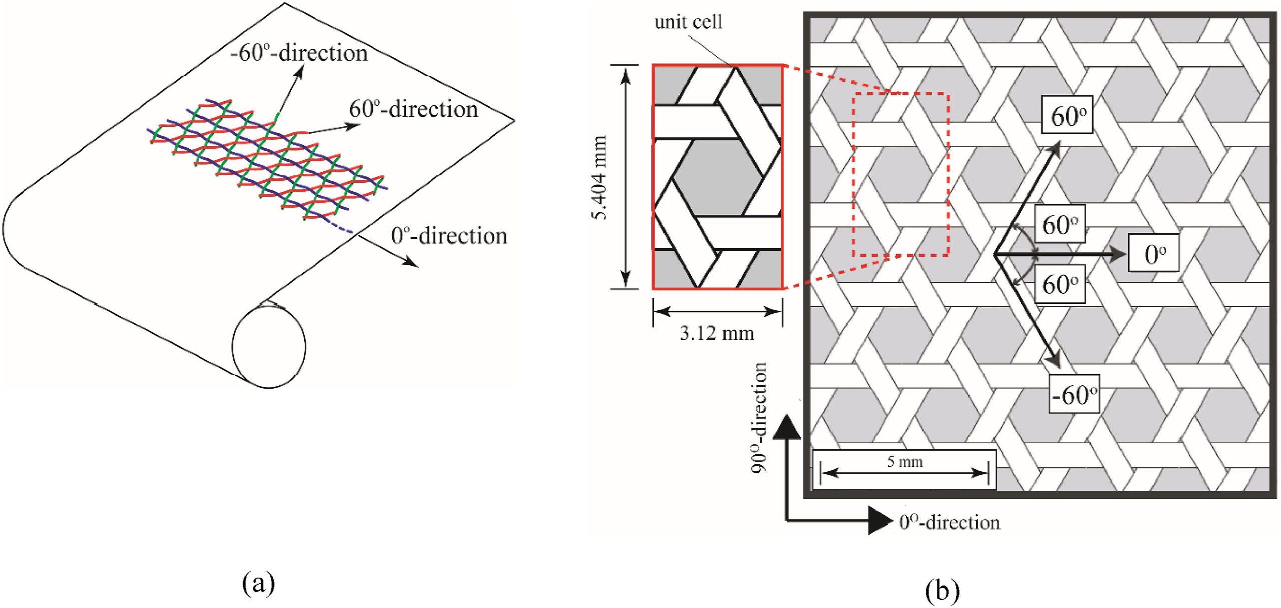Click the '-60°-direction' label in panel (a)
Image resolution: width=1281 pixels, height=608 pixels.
coord(299,53)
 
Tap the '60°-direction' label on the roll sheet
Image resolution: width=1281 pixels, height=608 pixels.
coord(413,110)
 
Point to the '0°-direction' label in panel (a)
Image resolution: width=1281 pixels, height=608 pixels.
coord(449,236)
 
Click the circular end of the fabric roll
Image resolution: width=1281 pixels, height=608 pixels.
coord(269,347)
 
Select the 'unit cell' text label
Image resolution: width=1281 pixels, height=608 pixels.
coord(688,22)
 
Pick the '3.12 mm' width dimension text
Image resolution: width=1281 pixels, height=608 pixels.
coord(717,333)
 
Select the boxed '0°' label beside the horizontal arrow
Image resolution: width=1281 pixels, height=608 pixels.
coord(1153,253)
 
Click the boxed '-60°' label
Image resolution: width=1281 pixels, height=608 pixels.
coord(1074,394)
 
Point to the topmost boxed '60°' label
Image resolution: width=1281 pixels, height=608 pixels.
coord(1067,115)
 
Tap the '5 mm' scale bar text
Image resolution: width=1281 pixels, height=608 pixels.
coord(905,461)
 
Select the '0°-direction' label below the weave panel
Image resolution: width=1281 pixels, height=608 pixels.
coord(949,522)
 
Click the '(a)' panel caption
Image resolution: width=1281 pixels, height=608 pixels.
coord(258,583)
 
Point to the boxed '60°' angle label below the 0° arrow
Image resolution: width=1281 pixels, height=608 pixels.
coord(1060,285)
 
